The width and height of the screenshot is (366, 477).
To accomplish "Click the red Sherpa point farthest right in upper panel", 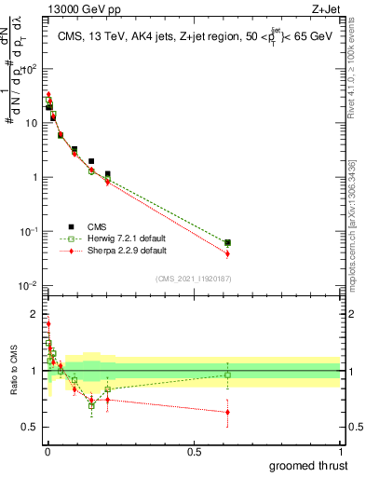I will [227, 253].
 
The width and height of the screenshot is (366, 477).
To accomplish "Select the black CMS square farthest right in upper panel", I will [227, 242].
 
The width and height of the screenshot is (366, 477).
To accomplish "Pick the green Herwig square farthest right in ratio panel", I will [227, 375].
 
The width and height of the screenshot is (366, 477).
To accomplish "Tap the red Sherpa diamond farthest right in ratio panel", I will [227, 412].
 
